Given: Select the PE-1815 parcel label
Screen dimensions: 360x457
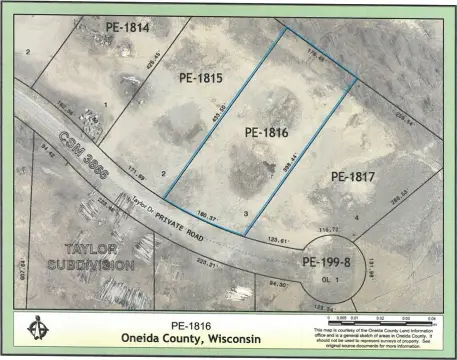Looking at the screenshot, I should click(201, 77).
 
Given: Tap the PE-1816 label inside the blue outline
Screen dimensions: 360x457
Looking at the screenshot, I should click(267, 131).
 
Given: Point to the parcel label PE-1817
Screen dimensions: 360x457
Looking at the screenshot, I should click(350, 177).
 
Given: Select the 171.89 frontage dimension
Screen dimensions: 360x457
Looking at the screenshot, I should click(133, 175).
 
